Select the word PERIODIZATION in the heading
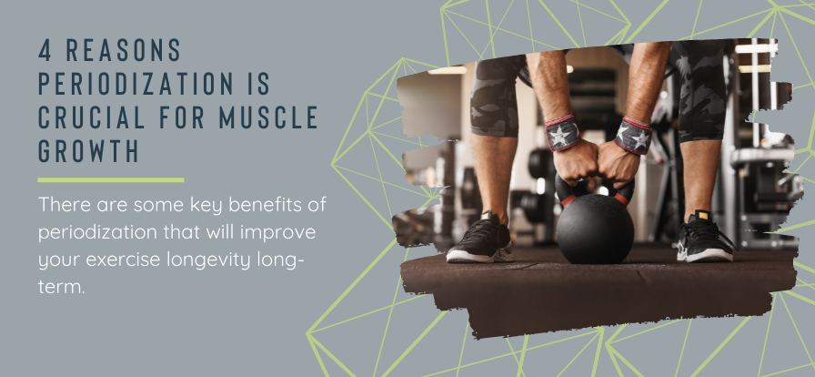coord(135,84)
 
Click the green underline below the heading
coord(110,180)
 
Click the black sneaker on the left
coord(478,239)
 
